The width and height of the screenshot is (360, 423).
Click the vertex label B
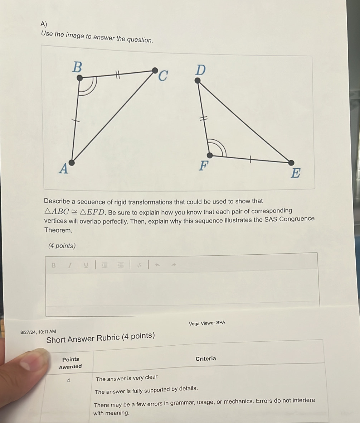(77, 67)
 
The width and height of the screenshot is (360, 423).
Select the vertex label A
(63, 168)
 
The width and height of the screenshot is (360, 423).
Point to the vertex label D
(200, 70)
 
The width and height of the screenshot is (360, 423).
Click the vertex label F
(204, 166)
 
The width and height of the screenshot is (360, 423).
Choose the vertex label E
(296, 173)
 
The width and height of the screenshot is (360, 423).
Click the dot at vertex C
(155, 70)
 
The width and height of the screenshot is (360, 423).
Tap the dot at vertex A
(72, 163)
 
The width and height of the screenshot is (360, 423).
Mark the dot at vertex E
(292, 163)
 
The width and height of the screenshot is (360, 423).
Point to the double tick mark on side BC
(117, 74)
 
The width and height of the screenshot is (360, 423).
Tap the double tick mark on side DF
(203, 119)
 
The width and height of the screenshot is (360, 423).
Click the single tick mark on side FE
(250, 159)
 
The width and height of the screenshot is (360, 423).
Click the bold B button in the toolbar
(54, 265)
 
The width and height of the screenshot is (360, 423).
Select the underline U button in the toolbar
(86, 265)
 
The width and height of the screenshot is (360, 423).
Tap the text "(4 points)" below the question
(62, 246)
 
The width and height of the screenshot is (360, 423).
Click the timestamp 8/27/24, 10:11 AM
(38, 332)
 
